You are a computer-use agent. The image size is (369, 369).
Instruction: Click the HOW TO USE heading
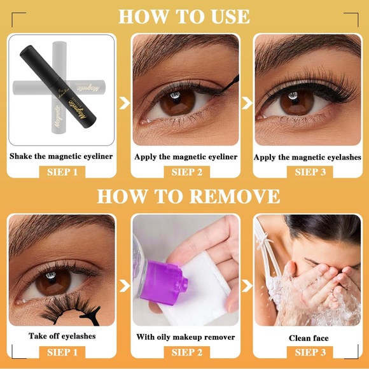coord(184,16)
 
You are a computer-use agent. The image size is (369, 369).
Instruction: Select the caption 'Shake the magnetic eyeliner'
coord(62,156)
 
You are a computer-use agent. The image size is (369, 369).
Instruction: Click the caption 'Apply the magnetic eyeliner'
coord(186,157)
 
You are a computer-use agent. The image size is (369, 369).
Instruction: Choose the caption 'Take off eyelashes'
coord(62,336)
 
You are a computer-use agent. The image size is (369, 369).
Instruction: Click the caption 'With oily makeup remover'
coord(186,337)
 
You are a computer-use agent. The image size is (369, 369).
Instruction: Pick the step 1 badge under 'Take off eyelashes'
coord(62,352)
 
